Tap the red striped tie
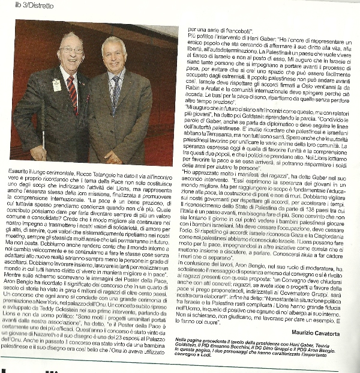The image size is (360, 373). click(72, 94)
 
